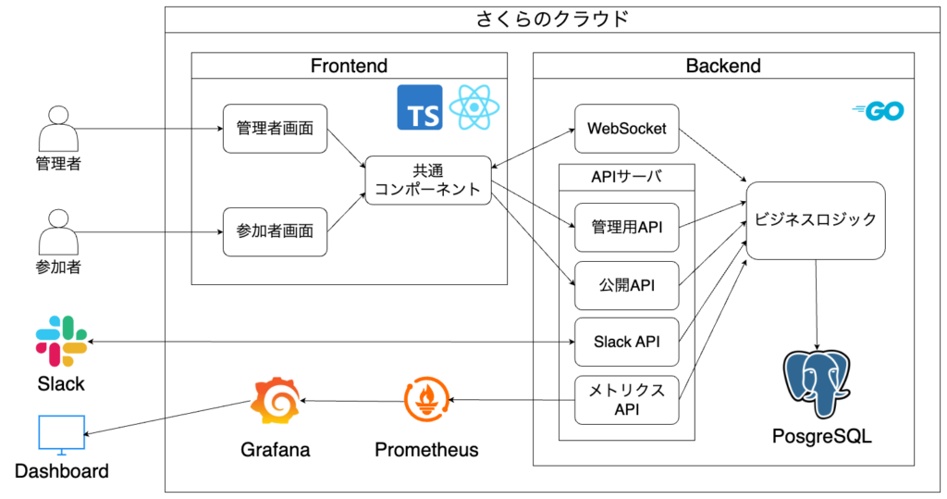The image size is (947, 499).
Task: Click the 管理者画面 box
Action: click(276, 129)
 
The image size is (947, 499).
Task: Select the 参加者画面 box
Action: click(276, 231)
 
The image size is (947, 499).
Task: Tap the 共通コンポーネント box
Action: click(427, 181)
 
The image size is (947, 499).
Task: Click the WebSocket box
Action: click(626, 129)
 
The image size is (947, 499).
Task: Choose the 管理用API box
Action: click(626, 227)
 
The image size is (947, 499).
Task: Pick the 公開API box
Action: click(626, 285)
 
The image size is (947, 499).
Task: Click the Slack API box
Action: click(626, 342)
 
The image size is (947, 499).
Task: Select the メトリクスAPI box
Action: click(626, 400)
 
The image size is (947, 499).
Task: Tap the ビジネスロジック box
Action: click(816, 220)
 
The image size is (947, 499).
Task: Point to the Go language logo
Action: click(879, 112)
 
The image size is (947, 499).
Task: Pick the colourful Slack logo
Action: click(61, 341)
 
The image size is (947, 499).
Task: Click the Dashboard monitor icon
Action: click(61, 435)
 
